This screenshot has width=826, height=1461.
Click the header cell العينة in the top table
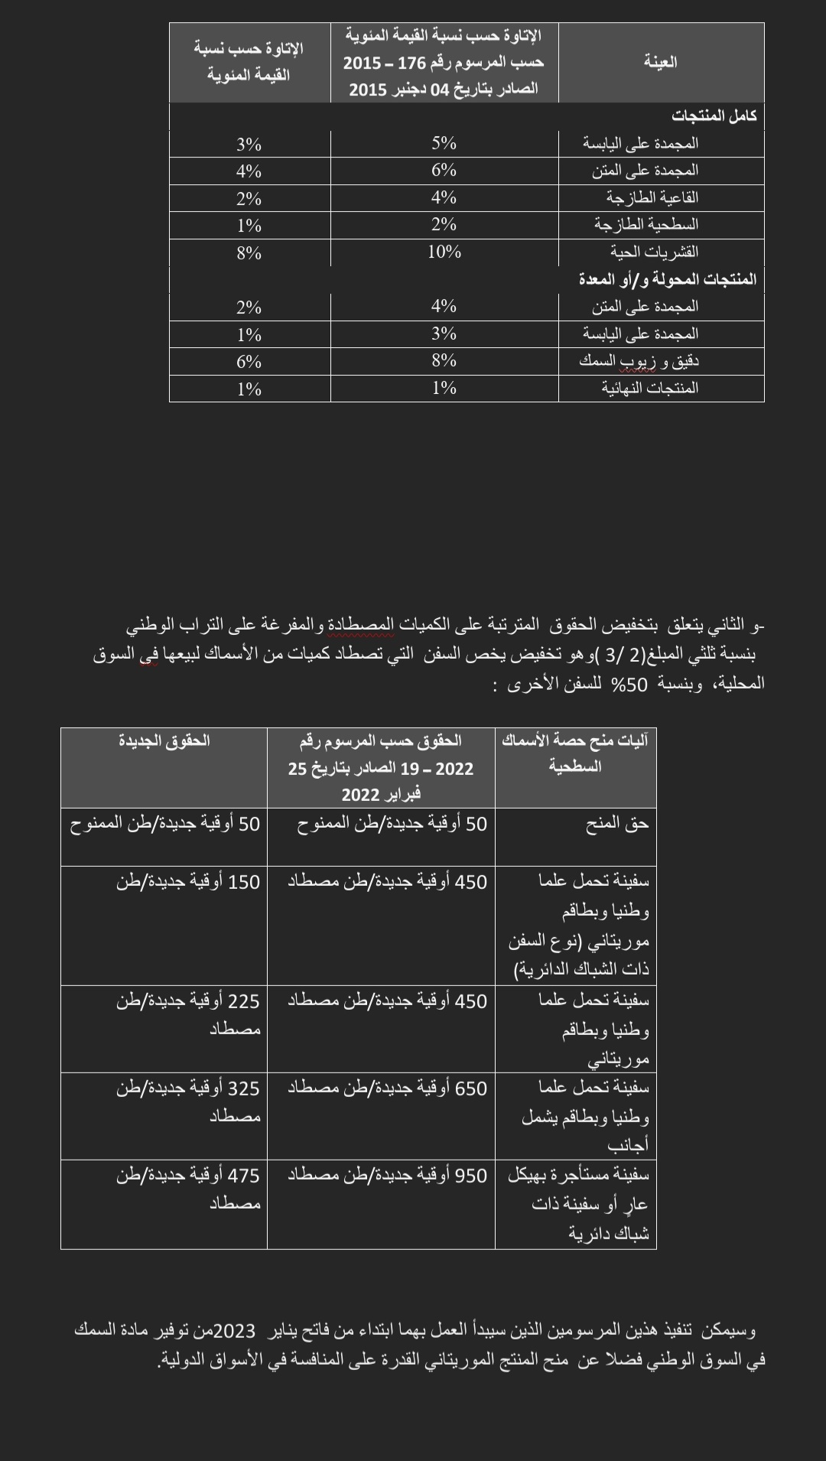(x=661, y=63)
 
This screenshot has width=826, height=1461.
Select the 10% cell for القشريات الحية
(x=444, y=252)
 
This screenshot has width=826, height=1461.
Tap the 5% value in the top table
(x=444, y=144)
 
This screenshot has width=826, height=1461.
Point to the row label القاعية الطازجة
(x=652, y=198)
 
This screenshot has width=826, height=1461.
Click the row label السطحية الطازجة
(x=646, y=225)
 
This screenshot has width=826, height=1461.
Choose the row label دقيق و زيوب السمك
(x=639, y=361)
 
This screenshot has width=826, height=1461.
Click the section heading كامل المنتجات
(x=714, y=116)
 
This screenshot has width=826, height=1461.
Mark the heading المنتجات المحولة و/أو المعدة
(x=667, y=279)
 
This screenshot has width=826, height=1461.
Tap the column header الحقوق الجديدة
(x=164, y=740)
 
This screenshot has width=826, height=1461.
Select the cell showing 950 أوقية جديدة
(x=387, y=1176)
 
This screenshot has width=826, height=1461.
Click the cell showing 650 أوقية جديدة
(x=387, y=1088)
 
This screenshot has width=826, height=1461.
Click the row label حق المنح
(x=617, y=824)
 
